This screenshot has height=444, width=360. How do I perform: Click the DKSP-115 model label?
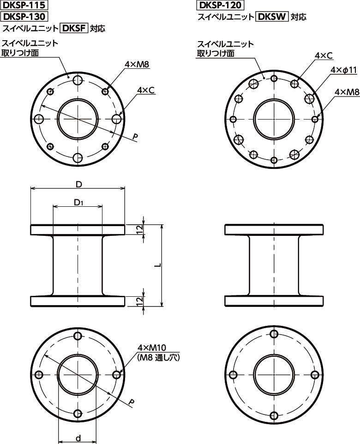coord(24,5)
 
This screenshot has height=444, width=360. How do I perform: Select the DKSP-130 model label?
coord(24,17)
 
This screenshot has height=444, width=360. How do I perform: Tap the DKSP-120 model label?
coord(220,5)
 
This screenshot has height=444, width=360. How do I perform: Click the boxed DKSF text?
coord(74,28)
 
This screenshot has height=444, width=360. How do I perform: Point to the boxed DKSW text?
coord(272,17)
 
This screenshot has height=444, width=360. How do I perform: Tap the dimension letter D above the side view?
coord(79,185)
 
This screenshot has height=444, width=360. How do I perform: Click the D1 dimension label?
coord(78,203)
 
